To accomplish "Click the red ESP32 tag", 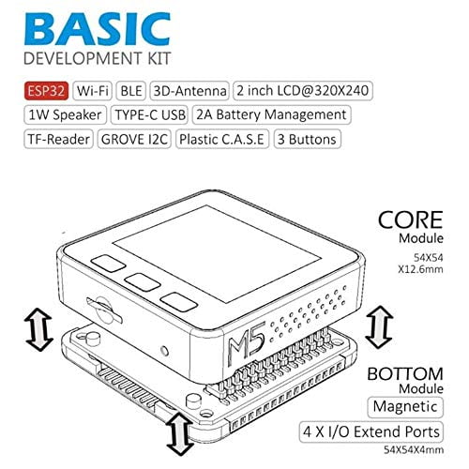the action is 46,91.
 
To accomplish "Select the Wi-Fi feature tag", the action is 92,91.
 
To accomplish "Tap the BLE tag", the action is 131,91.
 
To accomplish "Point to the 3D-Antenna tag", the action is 189,91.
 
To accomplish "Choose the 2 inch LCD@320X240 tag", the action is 303,91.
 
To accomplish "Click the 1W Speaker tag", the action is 65,114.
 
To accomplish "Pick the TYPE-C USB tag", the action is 150,114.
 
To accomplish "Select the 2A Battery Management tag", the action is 271,114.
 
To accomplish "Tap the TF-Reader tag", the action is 58,139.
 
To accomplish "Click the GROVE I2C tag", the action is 134,139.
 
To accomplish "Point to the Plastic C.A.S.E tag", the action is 222,139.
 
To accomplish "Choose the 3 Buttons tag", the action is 307,139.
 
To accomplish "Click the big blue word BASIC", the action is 98,29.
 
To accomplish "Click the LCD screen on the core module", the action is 218,253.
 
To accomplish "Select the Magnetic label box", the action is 405,407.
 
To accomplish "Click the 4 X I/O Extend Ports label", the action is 371,431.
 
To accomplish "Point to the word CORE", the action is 410,220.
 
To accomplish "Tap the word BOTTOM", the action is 405,374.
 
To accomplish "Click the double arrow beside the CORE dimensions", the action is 379,327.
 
